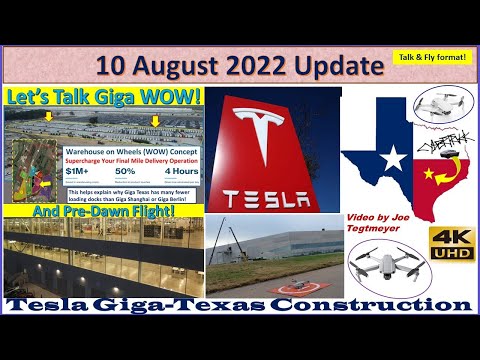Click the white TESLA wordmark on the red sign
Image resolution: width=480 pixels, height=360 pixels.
pos(271,197)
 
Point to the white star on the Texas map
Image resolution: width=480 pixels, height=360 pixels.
pos(393,157)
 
